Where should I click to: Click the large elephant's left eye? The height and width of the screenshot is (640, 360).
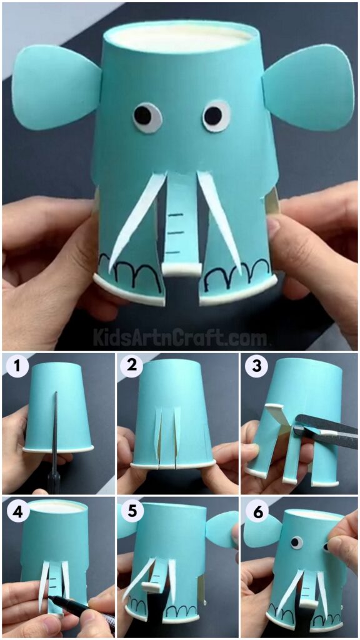tap(146, 116)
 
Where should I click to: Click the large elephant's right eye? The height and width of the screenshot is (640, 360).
tap(216, 116)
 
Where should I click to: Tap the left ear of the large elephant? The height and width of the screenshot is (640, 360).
tap(56, 87)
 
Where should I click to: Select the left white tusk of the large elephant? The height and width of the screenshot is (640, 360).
tap(134, 219)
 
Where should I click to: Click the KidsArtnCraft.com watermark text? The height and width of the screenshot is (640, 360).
tap(180, 337)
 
